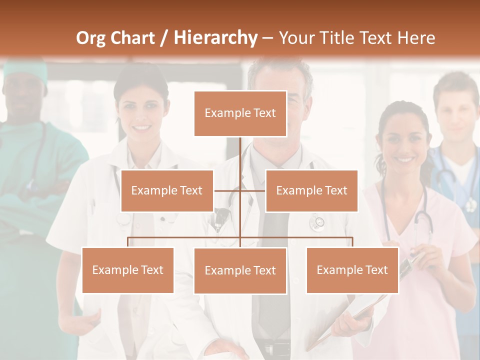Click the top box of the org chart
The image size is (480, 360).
[240, 113]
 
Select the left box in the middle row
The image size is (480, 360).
[167, 190]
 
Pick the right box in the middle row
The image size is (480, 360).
[311, 190]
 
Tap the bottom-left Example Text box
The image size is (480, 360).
[128, 270]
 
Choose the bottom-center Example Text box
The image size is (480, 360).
[240, 270]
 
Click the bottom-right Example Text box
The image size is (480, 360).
[352, 270]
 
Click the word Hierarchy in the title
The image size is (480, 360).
[215, 37]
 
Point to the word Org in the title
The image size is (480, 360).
[90, 38]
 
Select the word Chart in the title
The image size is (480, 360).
[132, 38]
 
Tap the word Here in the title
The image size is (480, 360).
[416, 38]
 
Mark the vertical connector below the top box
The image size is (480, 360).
[240, 155]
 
